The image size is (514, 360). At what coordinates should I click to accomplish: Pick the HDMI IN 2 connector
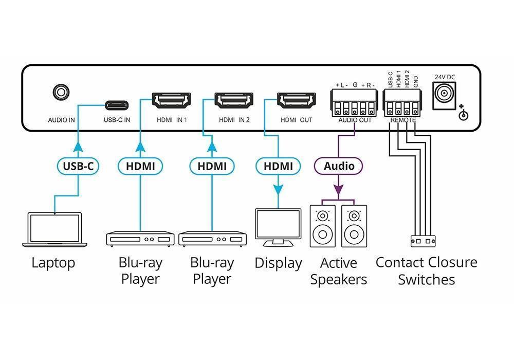234,101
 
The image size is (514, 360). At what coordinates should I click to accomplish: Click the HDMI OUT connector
297,101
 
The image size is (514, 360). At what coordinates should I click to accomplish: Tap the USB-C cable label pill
78,166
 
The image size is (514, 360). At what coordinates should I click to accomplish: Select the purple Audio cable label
339,166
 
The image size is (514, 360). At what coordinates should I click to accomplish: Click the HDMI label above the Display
278,166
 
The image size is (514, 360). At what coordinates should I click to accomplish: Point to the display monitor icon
278,227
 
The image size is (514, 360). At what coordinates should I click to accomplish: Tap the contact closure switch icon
423,240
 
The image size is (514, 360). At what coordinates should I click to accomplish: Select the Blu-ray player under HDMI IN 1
140,239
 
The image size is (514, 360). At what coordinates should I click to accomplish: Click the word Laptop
53,263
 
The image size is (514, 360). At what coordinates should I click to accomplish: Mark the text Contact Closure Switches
426,271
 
